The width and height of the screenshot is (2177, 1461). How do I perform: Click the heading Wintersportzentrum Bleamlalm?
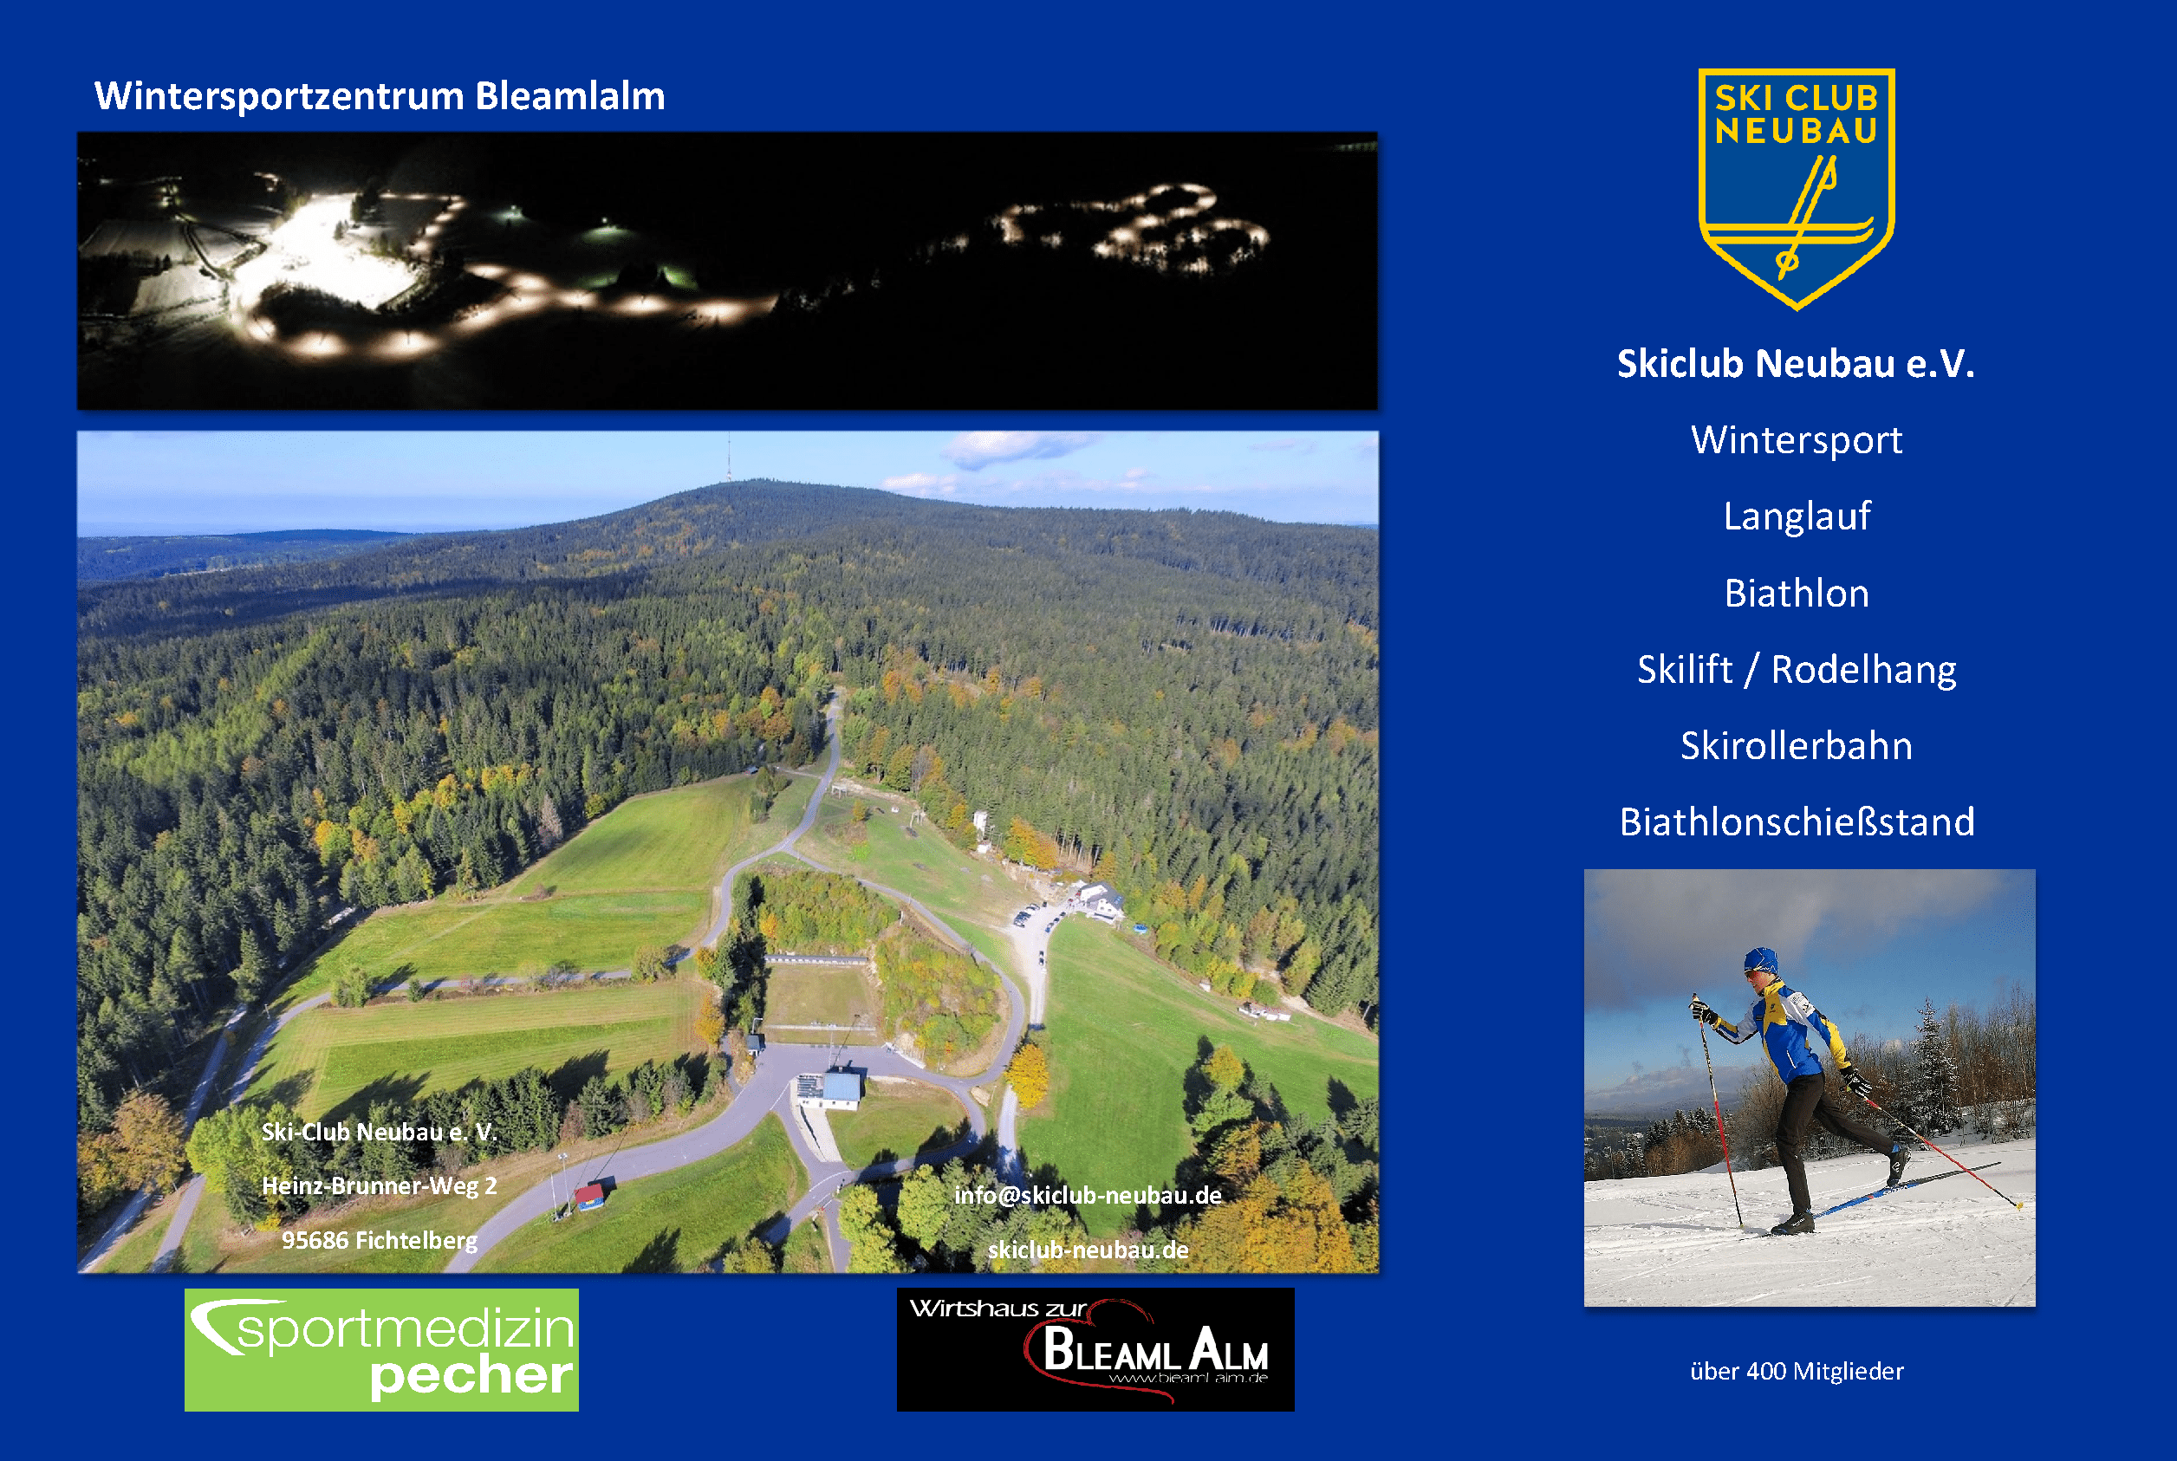(x=380, y=96)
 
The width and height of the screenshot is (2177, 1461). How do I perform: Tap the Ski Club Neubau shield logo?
(x=1796, y=188)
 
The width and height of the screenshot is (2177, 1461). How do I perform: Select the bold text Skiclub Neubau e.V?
(x=1796, y=363)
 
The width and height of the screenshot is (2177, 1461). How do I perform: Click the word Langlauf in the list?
(x=1797, y=516)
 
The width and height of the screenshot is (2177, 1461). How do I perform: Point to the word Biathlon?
(x=1797, y=593)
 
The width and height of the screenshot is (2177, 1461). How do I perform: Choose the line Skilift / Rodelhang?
(x=1797, y=669)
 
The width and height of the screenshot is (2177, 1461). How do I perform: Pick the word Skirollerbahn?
(x=1797, y=745)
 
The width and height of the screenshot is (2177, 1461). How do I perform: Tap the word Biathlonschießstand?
(x=1797, y=821)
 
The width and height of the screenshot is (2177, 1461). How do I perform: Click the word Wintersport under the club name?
(x=1797, y=440)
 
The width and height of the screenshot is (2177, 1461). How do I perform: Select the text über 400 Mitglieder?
(x=1797, y=1371)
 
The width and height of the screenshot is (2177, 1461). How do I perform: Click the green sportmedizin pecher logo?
(x=381, y=1349)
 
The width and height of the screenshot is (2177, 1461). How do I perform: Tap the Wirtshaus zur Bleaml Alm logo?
(x=1095, y=1349)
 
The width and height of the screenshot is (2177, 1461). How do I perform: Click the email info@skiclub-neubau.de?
(x=1088, y=1196)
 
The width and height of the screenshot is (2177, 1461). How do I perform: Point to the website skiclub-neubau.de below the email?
(x=1088, y=1250)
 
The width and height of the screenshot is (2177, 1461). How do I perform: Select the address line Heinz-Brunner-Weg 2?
(x=380, y=1186)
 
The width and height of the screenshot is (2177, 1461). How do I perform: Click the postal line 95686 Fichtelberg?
(x=380, y=1240)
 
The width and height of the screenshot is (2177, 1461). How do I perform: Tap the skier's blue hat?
(x=1759, y=960)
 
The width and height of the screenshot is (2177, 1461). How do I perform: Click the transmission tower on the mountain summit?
(x=728, y=458)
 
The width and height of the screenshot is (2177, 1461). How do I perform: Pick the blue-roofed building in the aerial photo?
(x=829, y=1089)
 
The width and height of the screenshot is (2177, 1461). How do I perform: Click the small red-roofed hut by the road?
(x=589, y=1196)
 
